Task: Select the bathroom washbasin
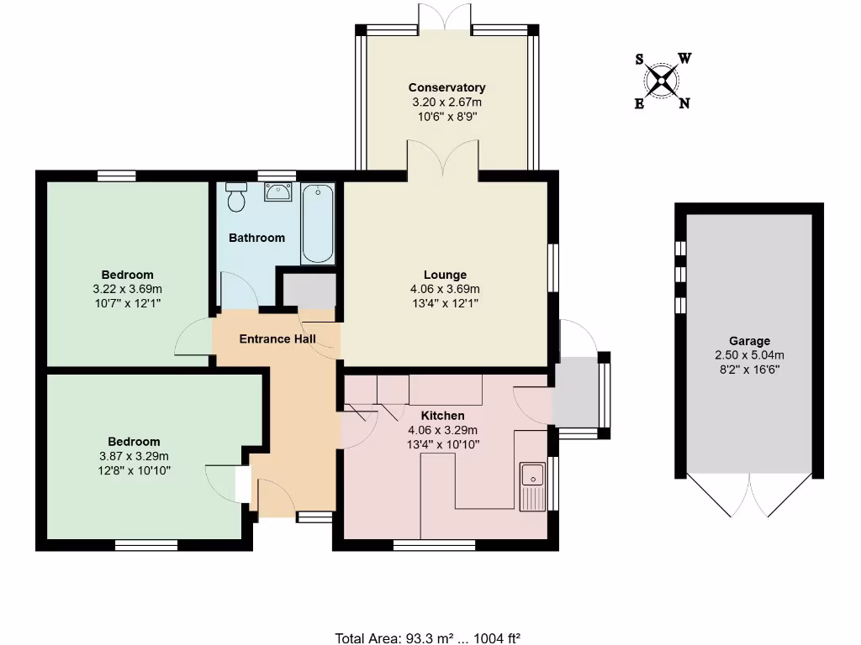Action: tap(277, 192)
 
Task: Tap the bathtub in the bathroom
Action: tap(318, 223)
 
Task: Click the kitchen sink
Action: tap(532, 476)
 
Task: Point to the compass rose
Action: tap(663, 81)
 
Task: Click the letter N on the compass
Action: tap(684, 103)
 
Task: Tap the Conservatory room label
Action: tap(446, 87)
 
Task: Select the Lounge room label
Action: tap(445, 275)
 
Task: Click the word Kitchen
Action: tap(442, 416)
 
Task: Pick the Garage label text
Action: tap(749, 341)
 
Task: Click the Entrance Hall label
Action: tap(277, 339)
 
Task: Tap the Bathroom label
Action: tap(256, 238)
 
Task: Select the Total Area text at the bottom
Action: tap(428, 638)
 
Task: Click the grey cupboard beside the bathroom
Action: tap(308, 290)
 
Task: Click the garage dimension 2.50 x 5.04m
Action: tap(749, 355)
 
